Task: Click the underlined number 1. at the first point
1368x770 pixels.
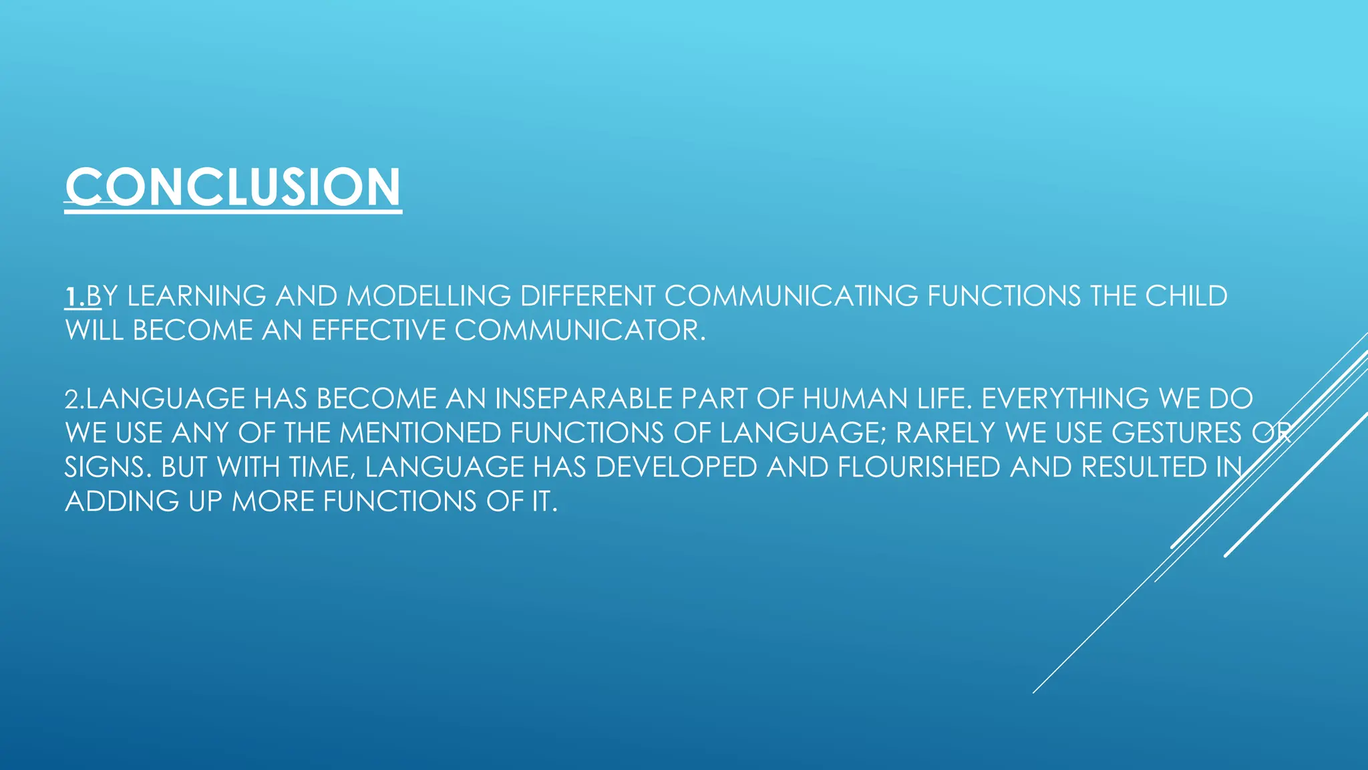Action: pyautogui.click(x=75, y=296)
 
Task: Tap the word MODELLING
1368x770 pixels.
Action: pyautogui.click(x=429, y=296)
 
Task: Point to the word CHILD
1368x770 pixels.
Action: pyautogui.click(x=1186, y=296)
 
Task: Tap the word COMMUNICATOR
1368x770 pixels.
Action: pyautogui.click(x=579, y=330)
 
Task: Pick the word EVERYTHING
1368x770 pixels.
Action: pyautogui.click(x=1064, y=399)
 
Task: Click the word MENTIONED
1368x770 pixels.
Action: pyautogui.click(x=420, y=433)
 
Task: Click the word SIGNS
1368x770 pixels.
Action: pyautogui.click(x=104, y=467)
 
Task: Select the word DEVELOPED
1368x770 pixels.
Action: pyautogui.click(x=675, y=467)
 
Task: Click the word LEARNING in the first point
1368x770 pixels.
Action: pyautogui.click(x=196, y=296)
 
